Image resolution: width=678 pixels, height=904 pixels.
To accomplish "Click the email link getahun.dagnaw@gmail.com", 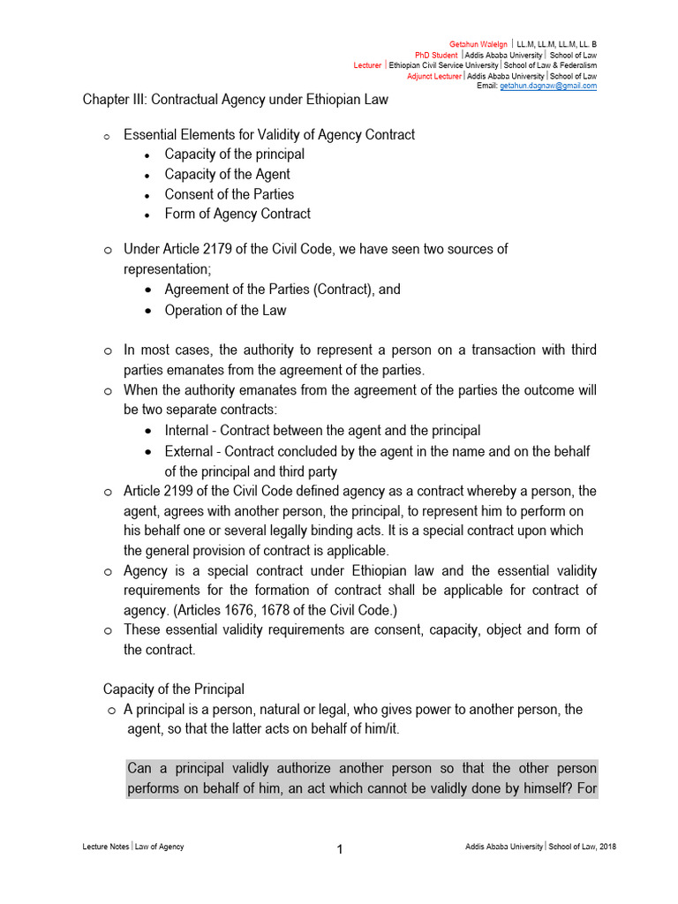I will click(547, 86).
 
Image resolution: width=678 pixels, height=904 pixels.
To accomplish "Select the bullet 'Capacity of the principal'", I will click(234, 154).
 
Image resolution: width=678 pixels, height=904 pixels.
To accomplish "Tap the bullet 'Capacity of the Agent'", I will click(227, 174).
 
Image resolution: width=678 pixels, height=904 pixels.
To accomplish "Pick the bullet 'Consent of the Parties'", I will click(229, 194).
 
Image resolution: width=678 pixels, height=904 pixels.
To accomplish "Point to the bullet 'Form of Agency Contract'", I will click(237, 214).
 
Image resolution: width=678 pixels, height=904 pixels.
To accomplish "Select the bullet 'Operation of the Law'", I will click(225, 310).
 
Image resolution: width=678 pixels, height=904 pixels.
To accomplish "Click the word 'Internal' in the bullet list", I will click(187, 431).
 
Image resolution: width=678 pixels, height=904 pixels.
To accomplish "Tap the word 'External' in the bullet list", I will click(189, 451).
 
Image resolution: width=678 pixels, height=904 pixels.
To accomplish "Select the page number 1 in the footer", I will click(339, 850).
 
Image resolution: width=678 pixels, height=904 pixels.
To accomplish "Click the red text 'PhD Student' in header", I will click(436, 55).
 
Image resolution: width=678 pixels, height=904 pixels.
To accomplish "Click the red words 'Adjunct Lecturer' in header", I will click(433, 76).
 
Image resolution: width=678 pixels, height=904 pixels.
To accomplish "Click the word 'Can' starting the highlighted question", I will click(139, 768).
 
